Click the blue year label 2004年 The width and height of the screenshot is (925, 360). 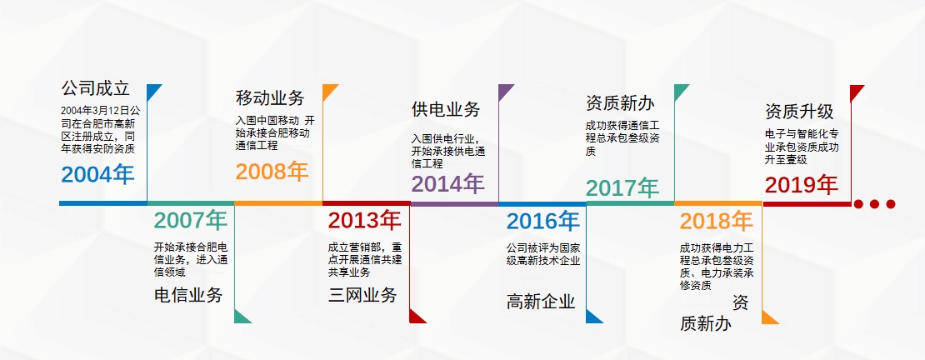pyautogui.click(x=98, y=175)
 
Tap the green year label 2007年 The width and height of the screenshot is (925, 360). pyautogui.click(x=191, y=221)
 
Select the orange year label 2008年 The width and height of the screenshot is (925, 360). pyautogui.click(x=272, y=171)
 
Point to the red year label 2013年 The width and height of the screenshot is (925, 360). pyautogui.click(x=364, y=221)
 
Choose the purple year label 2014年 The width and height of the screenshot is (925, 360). pyautogui.click(x=448, y=184)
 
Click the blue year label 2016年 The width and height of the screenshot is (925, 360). pyautogui.click(x=542, y=222)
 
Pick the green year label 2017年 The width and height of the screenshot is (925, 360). pyautogui.click(x=622, y=188)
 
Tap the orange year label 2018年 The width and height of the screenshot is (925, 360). pyautogui.click(x=716, y=222)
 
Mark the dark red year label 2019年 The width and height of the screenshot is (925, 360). pyautogui.click(x=802, y=185)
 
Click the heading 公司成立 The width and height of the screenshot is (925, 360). pyautogui.click(x=95, y=88)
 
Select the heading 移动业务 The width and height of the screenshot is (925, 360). pyautogui.click(x=270, y=97)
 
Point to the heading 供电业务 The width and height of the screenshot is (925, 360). pyautogui.click(x=446, y=109)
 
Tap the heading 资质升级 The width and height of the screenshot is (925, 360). pyautogui.click(x=799, y=112)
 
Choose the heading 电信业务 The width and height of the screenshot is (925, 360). pyautogui.click(x=188, y=295)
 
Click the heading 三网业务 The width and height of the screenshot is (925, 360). pyautogui.click(x=362, y=295)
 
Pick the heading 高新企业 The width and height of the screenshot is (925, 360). pyautogui.click(x=540, y=302)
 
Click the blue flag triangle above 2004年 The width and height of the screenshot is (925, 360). pyautogui.click(x=152, y=90)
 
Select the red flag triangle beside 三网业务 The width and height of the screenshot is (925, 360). pyautogui.click(x=416, y=317)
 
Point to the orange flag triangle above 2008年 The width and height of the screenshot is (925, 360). pyautogui.click(x=328, y=90)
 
